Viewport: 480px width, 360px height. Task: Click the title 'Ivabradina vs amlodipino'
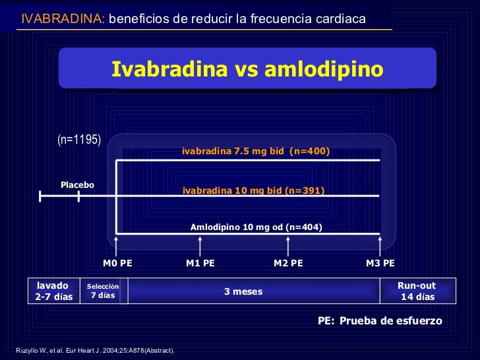click(247, 69)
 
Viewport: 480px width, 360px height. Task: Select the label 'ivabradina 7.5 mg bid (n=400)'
click(256, 152)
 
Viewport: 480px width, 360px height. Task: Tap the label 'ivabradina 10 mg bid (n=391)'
click(254, 191)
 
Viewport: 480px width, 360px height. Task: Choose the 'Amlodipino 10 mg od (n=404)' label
click(256, 227)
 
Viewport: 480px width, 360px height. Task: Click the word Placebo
click(78, 185)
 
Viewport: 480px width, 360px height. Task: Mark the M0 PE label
click(117, 264)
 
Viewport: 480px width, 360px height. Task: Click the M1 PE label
click(200, 264)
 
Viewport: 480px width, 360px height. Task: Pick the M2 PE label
click(288, 264)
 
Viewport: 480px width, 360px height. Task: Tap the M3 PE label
click(380, 264)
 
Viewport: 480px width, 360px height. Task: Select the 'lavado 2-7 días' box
click(54, 291)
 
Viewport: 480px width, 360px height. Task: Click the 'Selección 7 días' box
click(103, 291)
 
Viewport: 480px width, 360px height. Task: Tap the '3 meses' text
click(243, 291)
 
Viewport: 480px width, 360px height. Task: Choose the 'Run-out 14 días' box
click(417, 291)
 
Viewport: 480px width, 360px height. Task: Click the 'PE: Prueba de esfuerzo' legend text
click(380, 320)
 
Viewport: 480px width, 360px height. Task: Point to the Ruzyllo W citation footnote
click(94, 350)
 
